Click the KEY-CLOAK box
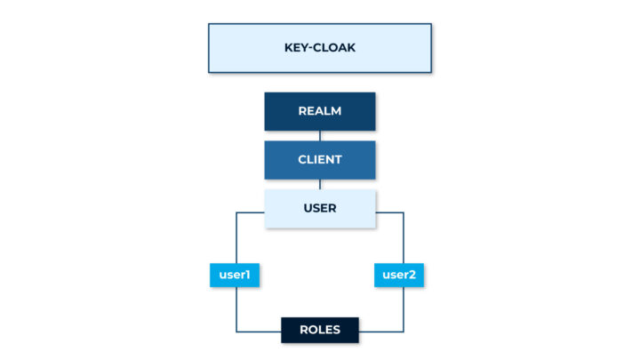320,48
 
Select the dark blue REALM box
320,111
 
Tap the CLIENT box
320,160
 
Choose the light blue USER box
320,208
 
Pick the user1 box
236,276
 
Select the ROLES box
320,330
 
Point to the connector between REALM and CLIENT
320,135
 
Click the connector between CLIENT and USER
320,184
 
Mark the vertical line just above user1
236,238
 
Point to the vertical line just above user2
404,238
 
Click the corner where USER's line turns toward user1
236,212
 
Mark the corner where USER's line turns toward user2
404,212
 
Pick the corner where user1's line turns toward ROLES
236,331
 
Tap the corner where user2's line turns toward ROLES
404,331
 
